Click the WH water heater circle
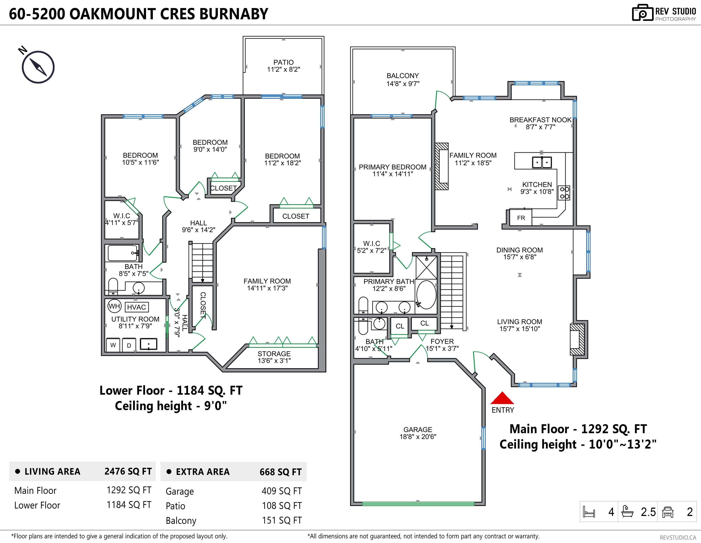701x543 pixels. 114,306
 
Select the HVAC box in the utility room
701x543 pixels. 136,307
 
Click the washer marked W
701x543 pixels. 113,345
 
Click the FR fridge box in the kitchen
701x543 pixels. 521,218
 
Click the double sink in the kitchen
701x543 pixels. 542,162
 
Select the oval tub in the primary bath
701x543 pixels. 426,295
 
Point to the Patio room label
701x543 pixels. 283,66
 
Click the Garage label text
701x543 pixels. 418,433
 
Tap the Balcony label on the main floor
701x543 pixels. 403,80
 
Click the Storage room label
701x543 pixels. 274,357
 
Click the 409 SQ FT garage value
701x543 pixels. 282,491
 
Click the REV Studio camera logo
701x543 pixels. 643,13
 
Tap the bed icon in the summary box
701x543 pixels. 589,512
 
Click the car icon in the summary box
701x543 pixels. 668,512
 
